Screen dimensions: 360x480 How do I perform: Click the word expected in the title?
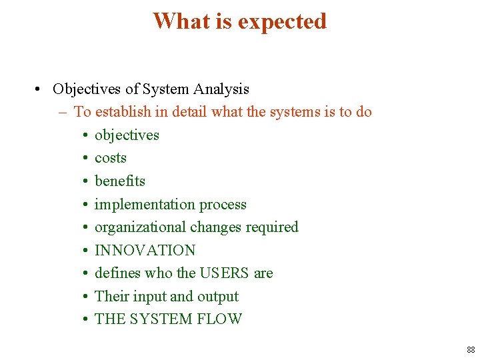tap(282, 21)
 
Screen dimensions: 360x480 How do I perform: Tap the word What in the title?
tap(181, 21)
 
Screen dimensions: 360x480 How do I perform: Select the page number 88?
tap(471, 350)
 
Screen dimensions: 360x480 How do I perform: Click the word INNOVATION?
tap(145, 251)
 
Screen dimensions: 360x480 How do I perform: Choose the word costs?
tap(111, 158)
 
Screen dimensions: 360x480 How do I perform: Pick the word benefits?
tap(120, 181)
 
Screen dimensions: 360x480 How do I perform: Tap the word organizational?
tap(140, 227)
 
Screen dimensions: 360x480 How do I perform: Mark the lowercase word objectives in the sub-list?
tap(127, 135)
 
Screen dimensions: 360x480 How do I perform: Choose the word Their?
tap(111, 297)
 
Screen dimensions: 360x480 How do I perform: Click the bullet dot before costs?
tap(87, 159)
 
